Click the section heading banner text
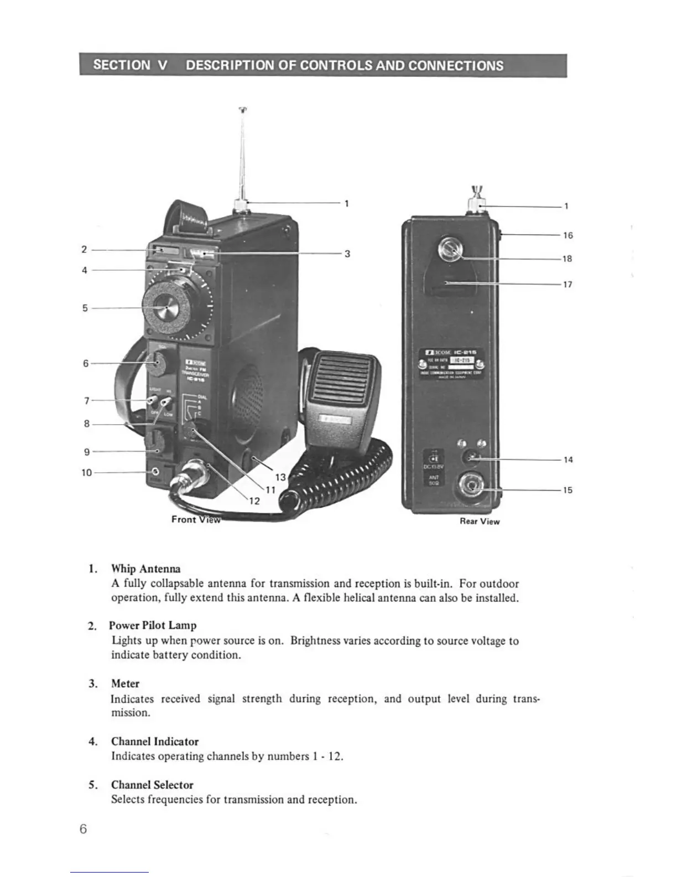299,65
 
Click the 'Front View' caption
195,519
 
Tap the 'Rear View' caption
480,522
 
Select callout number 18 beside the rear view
567,259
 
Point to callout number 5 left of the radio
85,308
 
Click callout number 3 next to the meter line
347,254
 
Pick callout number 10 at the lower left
87,473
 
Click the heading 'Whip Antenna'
146,569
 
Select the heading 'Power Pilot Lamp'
153,626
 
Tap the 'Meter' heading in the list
126,684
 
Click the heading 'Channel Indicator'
155,741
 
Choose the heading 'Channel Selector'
153,785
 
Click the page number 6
83,829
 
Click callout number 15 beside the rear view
568,490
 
